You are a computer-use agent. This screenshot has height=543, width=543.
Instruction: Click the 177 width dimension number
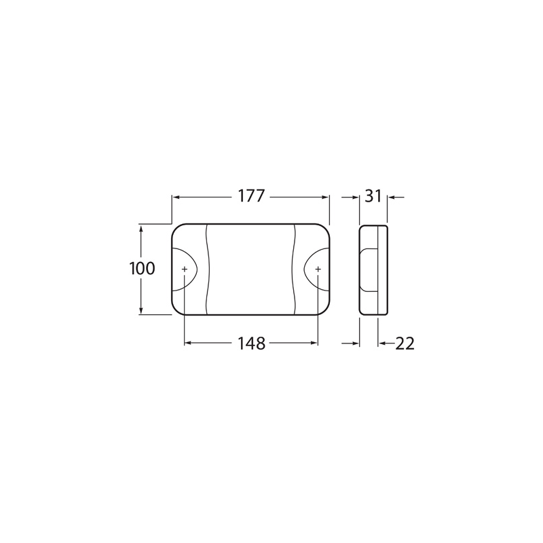251,196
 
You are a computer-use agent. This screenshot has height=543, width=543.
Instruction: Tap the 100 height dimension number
142,268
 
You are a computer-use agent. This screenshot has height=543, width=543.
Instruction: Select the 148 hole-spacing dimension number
251,343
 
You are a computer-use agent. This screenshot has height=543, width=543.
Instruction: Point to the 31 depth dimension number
373,196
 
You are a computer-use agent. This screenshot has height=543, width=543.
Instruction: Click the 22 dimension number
405,343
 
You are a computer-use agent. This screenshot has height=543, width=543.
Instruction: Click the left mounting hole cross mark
185,269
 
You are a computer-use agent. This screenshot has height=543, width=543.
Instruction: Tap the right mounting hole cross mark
318,269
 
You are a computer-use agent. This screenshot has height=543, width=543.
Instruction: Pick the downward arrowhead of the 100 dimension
141,310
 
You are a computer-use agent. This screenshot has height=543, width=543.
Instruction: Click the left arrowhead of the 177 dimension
176,198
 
